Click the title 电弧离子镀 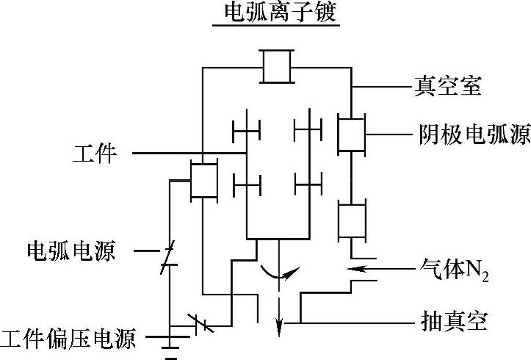(x=276, y=12)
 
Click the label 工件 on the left (x=95, y=154)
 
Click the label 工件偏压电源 (x=68, y=339)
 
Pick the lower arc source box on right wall (x=351, y=220)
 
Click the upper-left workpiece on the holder (x=247, y=132)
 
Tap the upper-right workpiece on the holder (x=308, y=132)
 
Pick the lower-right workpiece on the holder (x=308, y=181)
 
